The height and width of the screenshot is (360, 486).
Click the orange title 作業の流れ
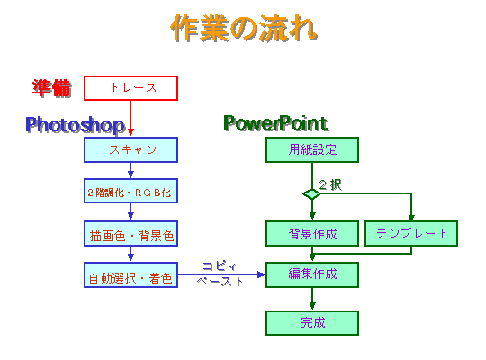[244, 28]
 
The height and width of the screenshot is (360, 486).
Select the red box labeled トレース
[130, 88]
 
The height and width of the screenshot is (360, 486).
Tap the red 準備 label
[52, 88]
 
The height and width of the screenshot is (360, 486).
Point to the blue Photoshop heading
[76, 125]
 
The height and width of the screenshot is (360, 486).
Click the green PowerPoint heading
[276, 123]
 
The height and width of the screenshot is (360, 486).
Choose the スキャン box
[130, 149]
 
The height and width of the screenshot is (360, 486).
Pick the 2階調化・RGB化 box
[130, 191]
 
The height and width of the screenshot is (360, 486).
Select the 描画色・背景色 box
[130, 233]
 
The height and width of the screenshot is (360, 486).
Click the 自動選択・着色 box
[130, 275]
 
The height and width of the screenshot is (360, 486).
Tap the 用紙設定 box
[312, 149]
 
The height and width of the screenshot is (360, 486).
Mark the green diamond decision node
[311, 194]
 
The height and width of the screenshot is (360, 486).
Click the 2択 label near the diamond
[330, 185]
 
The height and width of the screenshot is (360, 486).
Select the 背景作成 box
[312, 233]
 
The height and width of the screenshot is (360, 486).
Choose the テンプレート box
[411, 233]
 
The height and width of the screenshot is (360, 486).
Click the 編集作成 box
[312, 275]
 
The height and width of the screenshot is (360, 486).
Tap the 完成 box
[312, 323]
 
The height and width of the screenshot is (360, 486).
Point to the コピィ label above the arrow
[220, 266]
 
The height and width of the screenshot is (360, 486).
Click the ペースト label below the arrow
[220, 281]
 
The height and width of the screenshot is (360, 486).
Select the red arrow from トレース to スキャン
[130, 118]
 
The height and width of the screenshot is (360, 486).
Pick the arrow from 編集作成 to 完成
[312, 299]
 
